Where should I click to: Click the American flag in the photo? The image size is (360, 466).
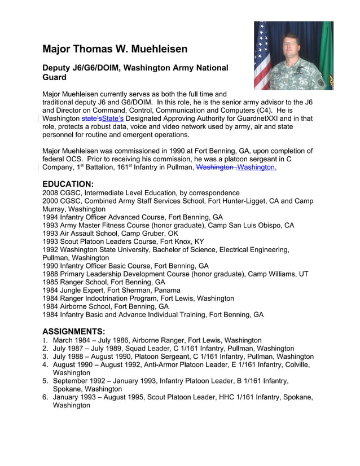coord(262,56)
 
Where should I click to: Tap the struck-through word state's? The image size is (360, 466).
coord(91,119)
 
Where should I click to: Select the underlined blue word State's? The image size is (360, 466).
coord(113,119)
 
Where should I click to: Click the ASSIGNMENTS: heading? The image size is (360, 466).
coord(73,331)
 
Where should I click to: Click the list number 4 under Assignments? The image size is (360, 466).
coord(45,364)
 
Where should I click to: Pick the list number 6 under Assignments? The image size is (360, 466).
coord(45,397)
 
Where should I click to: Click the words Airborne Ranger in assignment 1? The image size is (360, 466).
coord(157,340)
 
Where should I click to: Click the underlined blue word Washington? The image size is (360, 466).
coord(257,168)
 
